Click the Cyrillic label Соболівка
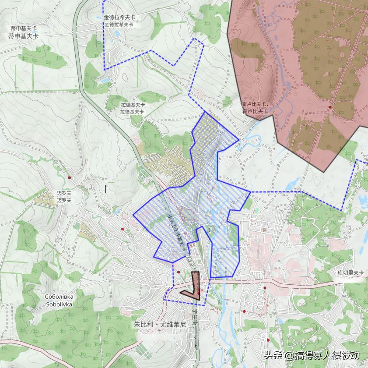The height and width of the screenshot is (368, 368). pos(60,297)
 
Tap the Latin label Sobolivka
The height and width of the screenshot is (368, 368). pos(60,304)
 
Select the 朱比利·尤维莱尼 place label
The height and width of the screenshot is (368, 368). pos(160,325)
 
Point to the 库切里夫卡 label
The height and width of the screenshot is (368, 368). pos(350,272)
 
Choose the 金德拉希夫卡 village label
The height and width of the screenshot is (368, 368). pos(119,21)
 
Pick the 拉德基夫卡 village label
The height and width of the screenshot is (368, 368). pos(133,108)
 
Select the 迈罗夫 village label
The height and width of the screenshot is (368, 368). pos(64,197)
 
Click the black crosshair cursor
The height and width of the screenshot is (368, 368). pos(105,189)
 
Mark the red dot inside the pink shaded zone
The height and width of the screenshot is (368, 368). pos(330,107)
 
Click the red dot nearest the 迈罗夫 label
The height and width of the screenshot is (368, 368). pos(70,178)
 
